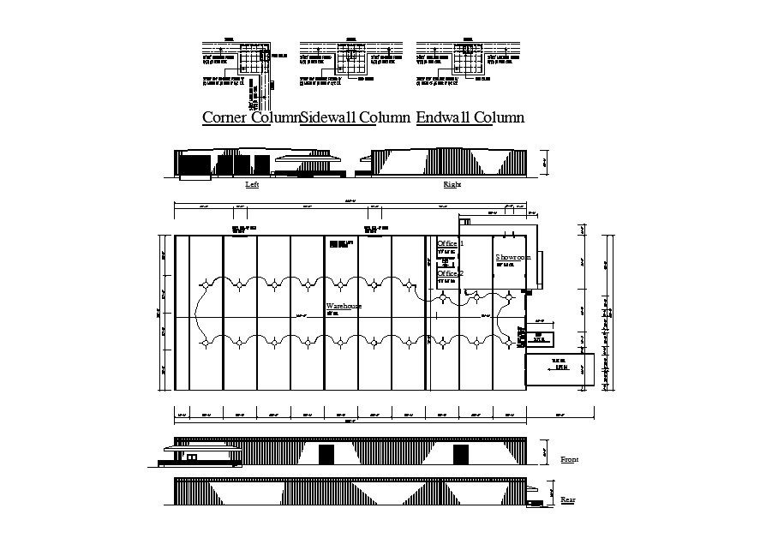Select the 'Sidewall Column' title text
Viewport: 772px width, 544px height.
pyautogui.click(x=338, y=117)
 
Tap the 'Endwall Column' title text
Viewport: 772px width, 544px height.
pyautogui.click(x=470, y=117)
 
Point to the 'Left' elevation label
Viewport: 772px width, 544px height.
pyautogui.click(x=252, y=184)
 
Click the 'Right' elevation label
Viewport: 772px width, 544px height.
pyautogui.click(x=451, y=184)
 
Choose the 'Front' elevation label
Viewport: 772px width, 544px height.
pyautogui.click(x=569, y=460)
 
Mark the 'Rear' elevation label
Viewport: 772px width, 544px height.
pyautogui.click(x=567, y=499)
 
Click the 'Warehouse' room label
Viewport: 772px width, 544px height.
pyautogui.click(x=344, y=306)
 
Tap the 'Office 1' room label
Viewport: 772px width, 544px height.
pyautogui.click(x=450, y=244)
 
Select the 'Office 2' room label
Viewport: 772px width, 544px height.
pyautogui.click(x=450, y=273)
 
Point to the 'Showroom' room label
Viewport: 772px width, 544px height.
pyautogui.click(x=512, y=257)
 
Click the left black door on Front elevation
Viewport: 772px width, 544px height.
pyautogui.click(x=326, y=454)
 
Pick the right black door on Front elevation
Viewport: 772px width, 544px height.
pyautogui.click(x=461, y=454)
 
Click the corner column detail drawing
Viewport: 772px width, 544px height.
pyautogui.click(x=236, y=64)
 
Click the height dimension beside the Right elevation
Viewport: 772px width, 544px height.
pyautogui.click(x=544, y=162)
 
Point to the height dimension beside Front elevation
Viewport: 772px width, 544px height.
pyautogui.click(x=544, y=450)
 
